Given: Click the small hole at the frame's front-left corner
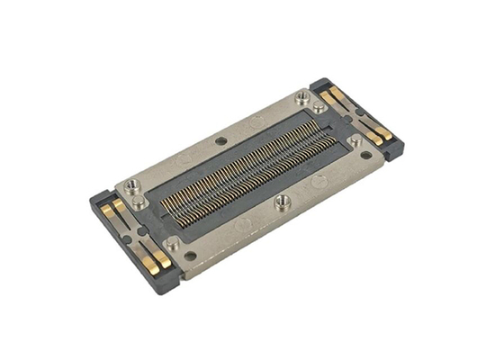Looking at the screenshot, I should click(190, 256).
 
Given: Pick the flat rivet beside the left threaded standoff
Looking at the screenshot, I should click(139, 203).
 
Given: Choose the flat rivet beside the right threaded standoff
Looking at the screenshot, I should click(319, 107).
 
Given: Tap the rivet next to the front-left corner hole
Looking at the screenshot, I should click(172, 243).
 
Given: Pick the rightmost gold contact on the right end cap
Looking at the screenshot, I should click(384, 134).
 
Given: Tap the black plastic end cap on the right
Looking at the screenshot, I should click(360, 115).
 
